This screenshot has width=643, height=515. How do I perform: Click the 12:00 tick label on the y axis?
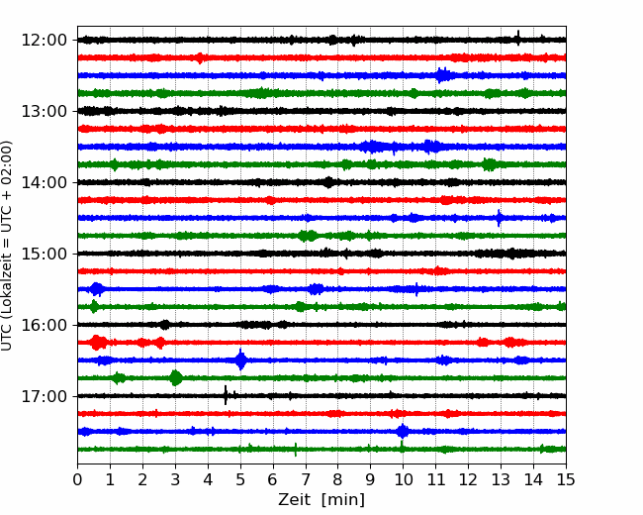click(x=44, y=41)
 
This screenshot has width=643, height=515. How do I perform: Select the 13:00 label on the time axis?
click(x=44, y=111)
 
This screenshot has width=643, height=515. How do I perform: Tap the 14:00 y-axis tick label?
click(x=44, y=182)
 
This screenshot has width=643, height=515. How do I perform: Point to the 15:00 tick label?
click(x=44, y=254)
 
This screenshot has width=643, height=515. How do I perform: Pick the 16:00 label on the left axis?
click(x=44, y=325)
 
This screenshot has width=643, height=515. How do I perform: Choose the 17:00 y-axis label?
click(x=44, y=396)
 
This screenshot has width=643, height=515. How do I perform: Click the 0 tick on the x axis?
click(x=77, y=479)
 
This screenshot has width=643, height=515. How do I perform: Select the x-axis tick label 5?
click(x=240, y=479)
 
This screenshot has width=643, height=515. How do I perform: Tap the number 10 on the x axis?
click(x=403, y=479)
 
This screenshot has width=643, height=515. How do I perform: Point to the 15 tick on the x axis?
click(x=566, y=479)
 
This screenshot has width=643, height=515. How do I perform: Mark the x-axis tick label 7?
click(x=306, y=479)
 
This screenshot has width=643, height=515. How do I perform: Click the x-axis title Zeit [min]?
click(x=321, y=500)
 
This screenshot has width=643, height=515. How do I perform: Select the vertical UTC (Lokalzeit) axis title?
click(x=7, y=246)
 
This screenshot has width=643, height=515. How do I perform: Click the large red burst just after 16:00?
click(x=98, y=343)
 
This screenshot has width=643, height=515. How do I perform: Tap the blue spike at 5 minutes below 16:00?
click(x=240, y=360)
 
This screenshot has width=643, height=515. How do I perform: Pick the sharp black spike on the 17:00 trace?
click(x=226, y=395)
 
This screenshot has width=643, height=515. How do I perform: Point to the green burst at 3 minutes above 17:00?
click(x=176, y=377)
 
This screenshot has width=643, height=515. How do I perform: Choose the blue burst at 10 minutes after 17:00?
click(x=403, y=431)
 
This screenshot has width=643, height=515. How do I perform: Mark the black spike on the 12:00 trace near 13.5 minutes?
click(x=518, y=38)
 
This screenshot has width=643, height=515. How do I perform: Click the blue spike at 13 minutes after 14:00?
click(x=499, y=218)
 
